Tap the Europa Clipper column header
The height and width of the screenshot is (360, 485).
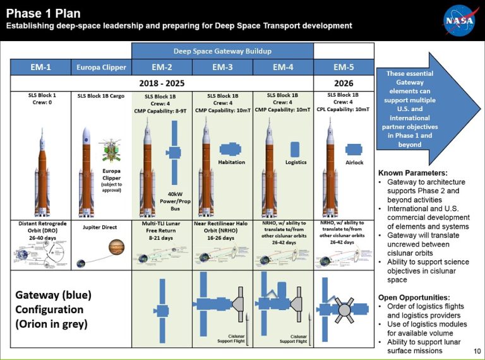click(x=101, y=67)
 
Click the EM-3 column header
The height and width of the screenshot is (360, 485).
click(x=222, y=67)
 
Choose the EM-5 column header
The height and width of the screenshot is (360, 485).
click(x=344, y=67)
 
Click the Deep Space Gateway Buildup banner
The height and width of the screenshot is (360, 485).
click(x=222, y=51)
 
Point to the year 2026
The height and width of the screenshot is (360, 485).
click(x=344, y=83)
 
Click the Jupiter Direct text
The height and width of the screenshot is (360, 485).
click(x=101, y=224)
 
